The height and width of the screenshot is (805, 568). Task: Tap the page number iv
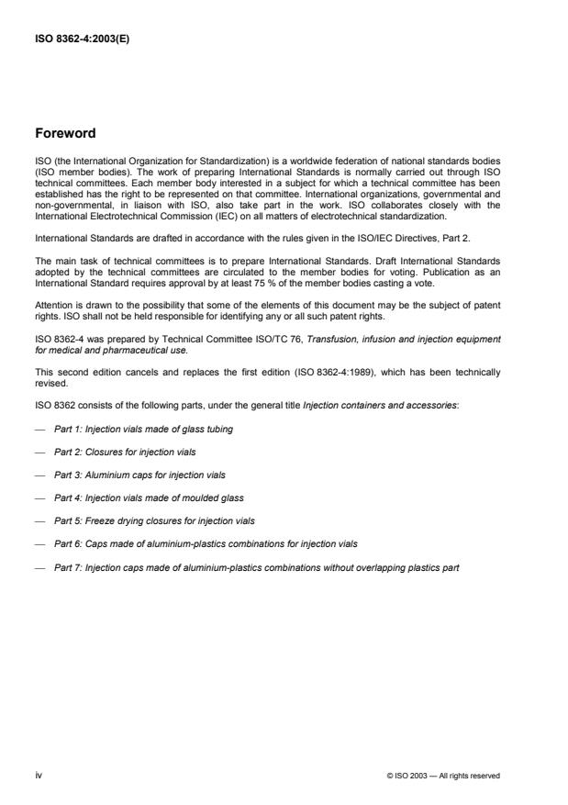(39, 775)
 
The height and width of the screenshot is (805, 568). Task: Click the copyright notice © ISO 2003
(444, 776)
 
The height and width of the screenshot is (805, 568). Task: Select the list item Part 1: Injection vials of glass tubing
(134, 429)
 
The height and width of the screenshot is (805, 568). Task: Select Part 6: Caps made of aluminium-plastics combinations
(206, 543)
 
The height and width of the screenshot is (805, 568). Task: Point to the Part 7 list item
(256, 566)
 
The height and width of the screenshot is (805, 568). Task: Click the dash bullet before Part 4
(39, 498)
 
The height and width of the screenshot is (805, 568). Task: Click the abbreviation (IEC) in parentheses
(210, 218)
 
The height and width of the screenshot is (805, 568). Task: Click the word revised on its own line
(49, 384)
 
